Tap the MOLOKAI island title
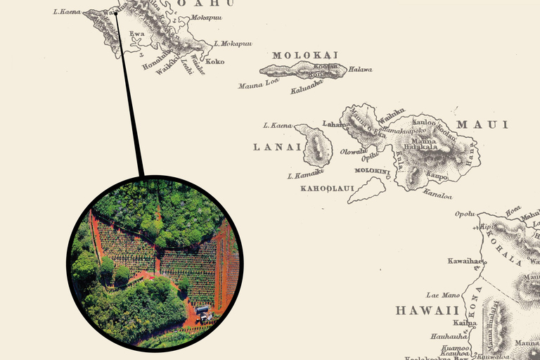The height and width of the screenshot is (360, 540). click(x=305, y=55)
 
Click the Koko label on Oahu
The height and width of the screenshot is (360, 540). click(x=215, y=62)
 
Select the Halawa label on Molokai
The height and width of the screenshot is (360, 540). click(x=360, y=70)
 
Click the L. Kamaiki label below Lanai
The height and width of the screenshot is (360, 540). click(x=305, y=173)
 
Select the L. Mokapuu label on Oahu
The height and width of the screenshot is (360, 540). click(x=232, y=43)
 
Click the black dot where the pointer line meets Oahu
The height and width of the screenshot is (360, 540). click(x=116, y=12)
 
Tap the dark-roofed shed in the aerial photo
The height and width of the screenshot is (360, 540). click(x=202, y=309)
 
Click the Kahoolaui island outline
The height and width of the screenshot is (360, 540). click(x=368, y=190)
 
